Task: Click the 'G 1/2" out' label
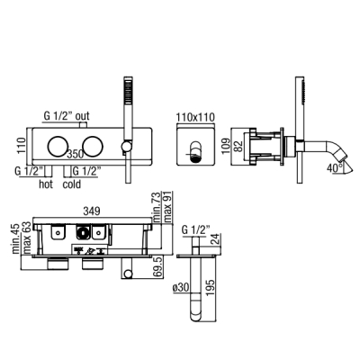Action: pos(67,116)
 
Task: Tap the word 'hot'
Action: pos(46,184)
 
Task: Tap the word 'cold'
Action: pos(72,184)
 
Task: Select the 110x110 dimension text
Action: pos(195,117)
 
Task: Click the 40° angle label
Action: pos(335,167)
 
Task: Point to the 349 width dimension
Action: pos(92,211)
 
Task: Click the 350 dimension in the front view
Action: pos(76,155)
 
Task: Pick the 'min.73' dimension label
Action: pos(157,207)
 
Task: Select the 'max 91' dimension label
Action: pos(167,208)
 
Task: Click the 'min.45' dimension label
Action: pos(16,238)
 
